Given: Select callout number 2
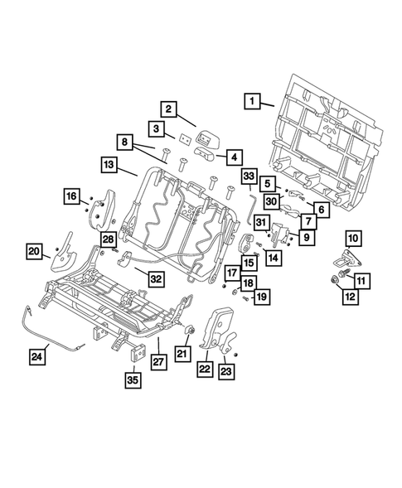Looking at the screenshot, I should coord(167,109).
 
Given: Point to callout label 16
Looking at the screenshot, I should coord(73,196).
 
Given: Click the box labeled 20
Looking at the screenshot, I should coord(34,251).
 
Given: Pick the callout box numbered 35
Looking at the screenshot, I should coord(132,381).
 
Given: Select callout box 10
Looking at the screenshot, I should coord(354,239).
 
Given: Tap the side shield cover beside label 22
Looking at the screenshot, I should coord(220,331).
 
